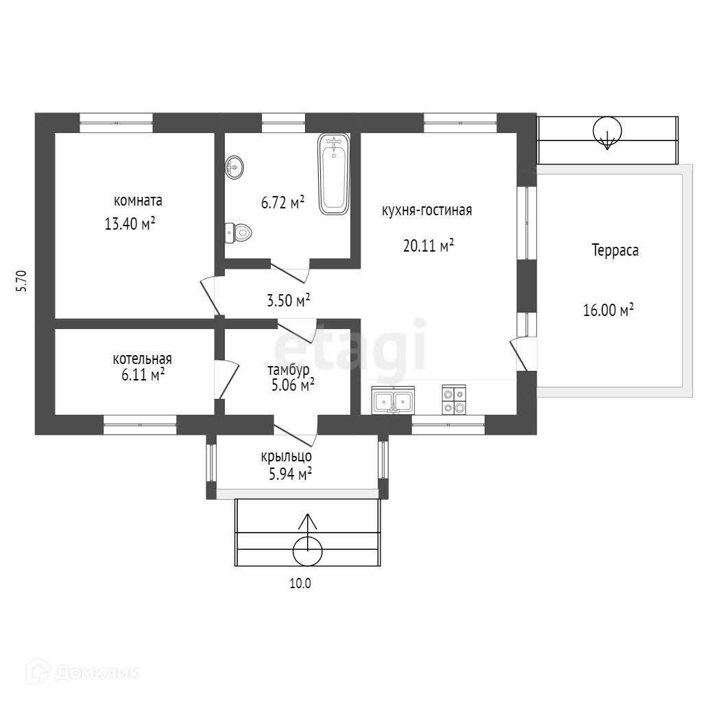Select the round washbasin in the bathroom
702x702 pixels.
(x=234, y=167)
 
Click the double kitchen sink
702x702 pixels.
(x=393, y=400)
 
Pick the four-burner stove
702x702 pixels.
(x=454, y=400)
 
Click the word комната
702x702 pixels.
(x=138, y=201)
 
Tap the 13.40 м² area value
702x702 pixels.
(x=130, y=223)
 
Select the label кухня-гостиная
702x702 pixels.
(x=426, y=210)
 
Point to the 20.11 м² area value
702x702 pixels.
(x=428, y=245)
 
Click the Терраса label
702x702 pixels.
(x=615, y=250)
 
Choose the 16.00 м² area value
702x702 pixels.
(x=608, y=310)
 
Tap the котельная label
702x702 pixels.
(x=143, y=359)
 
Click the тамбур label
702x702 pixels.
(x=289, y=370)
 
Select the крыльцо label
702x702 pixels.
(x=287, y=457)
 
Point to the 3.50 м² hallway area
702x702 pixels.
(x=289, y=300)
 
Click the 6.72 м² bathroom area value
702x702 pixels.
(x=283, y=202)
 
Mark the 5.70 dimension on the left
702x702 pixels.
(x=21, y=281)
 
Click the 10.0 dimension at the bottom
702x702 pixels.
(x=300, y=583)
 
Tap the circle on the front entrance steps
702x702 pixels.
(x=308, y=552)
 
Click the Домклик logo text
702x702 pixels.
(x=97, y=673)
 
